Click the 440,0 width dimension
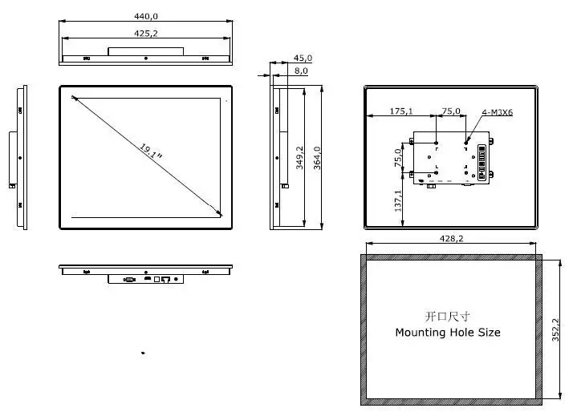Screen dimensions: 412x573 click(x=146, y=16)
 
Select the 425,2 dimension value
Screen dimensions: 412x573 click(x=146, y=33)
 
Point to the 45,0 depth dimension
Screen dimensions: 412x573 click(x=303, y=59)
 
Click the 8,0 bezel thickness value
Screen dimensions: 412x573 click(x=301, y=71)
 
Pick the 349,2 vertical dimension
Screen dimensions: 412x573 click(x=299, y=158)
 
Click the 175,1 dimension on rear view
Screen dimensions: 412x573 click(x=401, y=111)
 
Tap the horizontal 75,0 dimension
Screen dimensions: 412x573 click(x=452, y=111)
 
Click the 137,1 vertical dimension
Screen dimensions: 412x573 click(x=399, y=201)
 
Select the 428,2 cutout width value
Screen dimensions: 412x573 click(x=450, y=239)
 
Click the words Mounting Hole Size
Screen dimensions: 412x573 click(x=448, y=332)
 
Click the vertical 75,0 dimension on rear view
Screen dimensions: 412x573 click(x=399, y=158)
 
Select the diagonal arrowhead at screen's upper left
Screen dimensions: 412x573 click(x=75, y=99)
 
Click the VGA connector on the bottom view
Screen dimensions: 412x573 click(x=128, y=280)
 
